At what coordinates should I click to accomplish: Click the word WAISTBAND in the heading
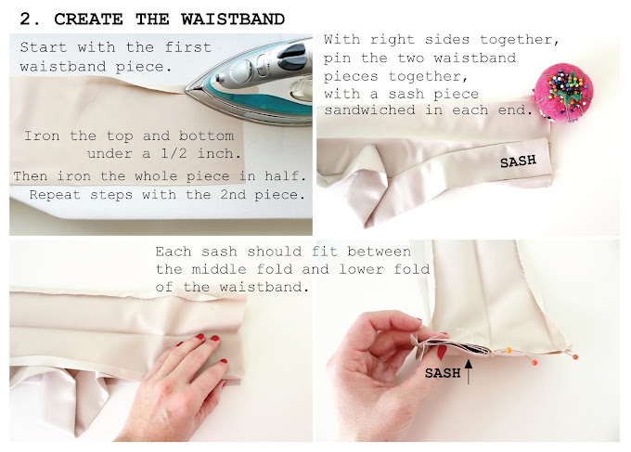coord(233,19)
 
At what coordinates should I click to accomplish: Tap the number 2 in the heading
coord(25,19)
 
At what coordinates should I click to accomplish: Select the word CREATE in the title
coord(88,19)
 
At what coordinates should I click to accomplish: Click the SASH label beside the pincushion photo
coord(518,161)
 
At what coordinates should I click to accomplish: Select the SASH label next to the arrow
coord(443,373)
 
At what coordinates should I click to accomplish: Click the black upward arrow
coord(469,371)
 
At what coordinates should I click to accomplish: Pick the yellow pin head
coord(509,350)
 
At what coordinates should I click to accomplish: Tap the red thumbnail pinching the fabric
coord(442,352)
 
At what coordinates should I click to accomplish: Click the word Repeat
coord(56,195)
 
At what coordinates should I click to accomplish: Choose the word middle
coord(218,269)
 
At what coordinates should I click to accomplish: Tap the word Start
coord(43,47)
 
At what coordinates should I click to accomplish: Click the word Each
coord(173,252)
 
